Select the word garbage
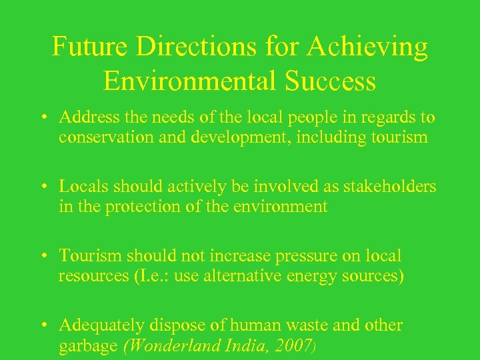click(85, 345)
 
